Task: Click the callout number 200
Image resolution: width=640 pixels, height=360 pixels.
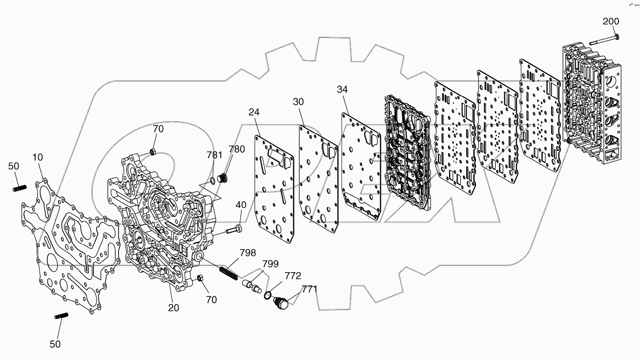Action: tap(610, 21)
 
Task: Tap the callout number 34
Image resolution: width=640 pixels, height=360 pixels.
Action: tap(343, 89)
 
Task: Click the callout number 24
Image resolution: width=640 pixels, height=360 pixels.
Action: tap(254, 112)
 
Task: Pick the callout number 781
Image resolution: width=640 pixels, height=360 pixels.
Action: tap(214, 155)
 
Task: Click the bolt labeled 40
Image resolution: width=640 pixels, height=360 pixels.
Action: tap(234, 229)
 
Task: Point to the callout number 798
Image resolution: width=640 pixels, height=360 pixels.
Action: tap(247, 253)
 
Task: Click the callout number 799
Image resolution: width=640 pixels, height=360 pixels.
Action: tap(270, 264)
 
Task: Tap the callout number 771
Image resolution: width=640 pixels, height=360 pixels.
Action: tap(309, 289)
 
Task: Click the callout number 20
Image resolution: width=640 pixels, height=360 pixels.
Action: tap(173, 308)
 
